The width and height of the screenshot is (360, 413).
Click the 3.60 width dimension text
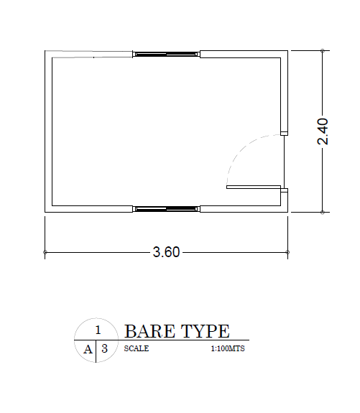coord(166,252)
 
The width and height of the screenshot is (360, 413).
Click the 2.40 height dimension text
coord(323,131)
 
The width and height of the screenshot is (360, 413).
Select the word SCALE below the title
coord(137,348)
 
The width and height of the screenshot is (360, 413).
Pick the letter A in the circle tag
coord(88,349)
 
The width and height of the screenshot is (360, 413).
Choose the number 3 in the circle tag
coord(105,349)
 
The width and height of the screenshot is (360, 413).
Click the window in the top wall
coord(166,53)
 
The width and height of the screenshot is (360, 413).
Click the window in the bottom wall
coord(166,209)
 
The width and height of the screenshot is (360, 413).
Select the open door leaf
coord(253,187)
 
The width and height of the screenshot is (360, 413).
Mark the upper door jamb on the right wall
coord(285,133)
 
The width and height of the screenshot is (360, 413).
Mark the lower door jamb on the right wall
coord(285,191)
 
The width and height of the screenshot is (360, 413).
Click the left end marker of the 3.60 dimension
coord(45,252)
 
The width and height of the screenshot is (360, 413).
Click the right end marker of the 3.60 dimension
coord(287,252)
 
